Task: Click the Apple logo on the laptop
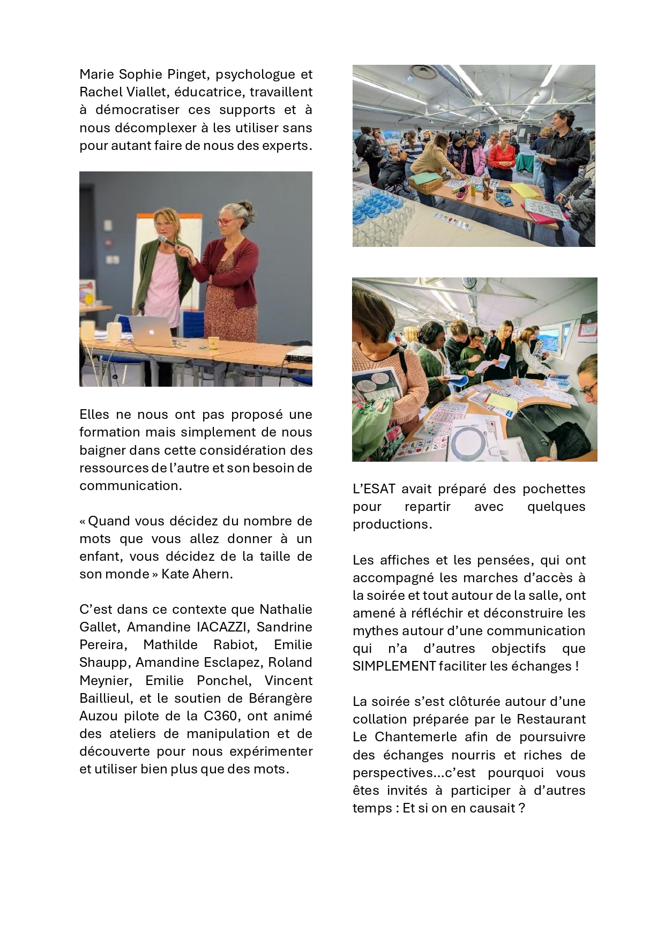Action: (152, 332)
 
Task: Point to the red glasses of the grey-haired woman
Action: (227, 220)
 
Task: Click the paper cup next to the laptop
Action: (213, 343)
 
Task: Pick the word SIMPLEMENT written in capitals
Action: (394, 666)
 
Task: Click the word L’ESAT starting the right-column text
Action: (374, 489)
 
